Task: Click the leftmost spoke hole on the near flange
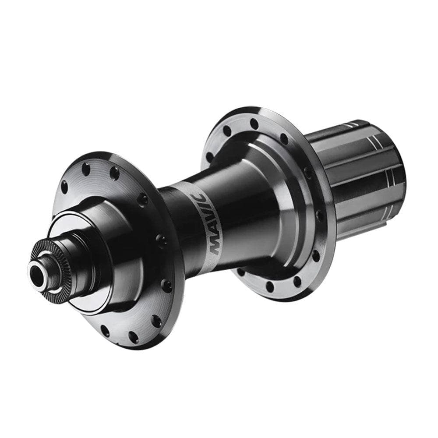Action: pos(64,187)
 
